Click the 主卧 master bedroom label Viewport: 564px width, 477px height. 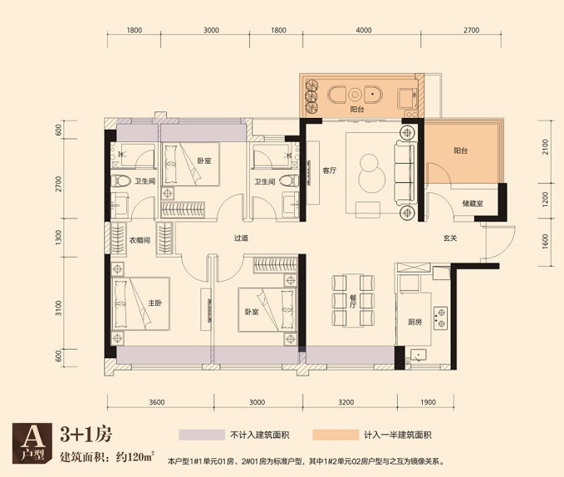point(154,302)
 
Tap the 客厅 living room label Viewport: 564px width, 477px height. point(329,170)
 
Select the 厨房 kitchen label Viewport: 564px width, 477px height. point(414,322)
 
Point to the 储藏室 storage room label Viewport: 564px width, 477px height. point(473,204)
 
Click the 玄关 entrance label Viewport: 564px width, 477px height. point(450,238)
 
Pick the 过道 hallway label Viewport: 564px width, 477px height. point(241,238)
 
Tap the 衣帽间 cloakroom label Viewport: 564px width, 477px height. point(140,240)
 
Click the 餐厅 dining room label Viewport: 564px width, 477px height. point(353,301)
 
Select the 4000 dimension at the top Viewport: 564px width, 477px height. point(364,30)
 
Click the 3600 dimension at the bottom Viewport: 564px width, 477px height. point(157,402)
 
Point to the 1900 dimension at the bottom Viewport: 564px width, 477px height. point(428,402)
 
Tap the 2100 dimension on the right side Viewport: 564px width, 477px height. point(545,147)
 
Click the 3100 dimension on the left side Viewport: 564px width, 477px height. point(58,308)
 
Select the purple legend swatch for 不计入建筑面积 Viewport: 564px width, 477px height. point(202,435)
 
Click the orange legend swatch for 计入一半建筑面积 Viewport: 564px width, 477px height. point(336,435)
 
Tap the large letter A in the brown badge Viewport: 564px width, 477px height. point(32,436)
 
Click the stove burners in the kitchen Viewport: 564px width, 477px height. point(440,318)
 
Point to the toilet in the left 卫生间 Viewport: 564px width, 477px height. point(120,181)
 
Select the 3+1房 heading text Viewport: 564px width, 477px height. point(86,435)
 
